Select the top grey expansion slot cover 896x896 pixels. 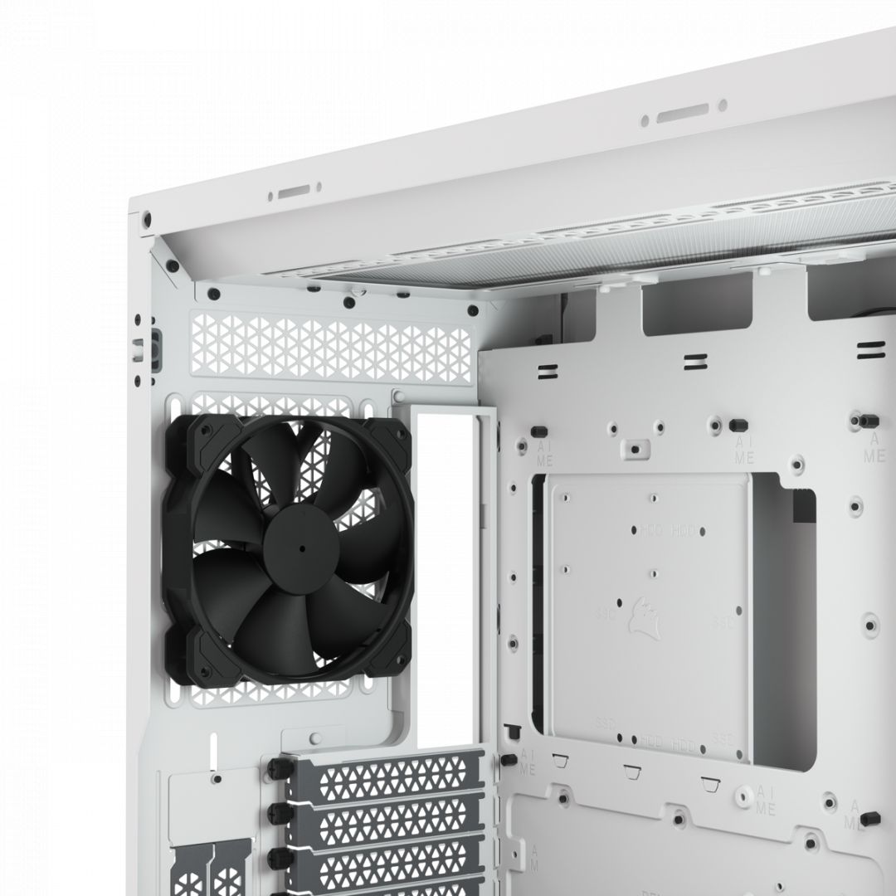pos(385,772)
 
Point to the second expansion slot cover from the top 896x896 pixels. pos(385,816)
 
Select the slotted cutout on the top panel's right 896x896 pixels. pos(682,113)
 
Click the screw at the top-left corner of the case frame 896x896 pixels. pos(147,220)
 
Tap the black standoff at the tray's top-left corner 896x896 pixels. pos(538,431)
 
